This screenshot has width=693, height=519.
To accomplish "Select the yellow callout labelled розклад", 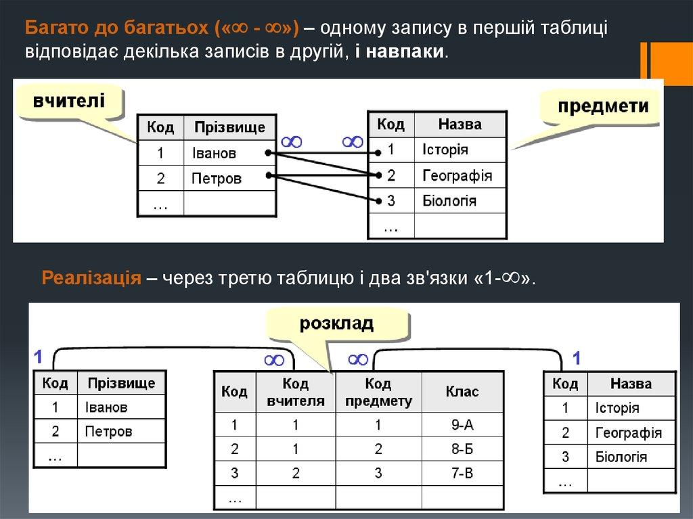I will click(336, 324).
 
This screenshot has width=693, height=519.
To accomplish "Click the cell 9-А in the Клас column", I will click(462, 426).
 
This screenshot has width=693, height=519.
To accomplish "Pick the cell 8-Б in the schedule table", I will click(462, 449).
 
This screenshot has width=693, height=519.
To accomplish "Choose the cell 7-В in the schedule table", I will click(462, 472).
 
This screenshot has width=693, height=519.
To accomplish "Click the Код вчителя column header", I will click(295, 392).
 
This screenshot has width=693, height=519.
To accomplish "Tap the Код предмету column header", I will click(378, 392).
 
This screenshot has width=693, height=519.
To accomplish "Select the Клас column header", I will click(462, 392).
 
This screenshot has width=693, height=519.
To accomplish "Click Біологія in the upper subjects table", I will click(449, 201).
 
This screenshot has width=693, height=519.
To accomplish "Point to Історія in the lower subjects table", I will click(617, 408).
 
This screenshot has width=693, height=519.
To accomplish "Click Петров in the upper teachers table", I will click(217, 179).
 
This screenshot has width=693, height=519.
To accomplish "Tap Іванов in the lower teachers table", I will click(106, 407).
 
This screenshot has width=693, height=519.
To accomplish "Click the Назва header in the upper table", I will click(460, 125).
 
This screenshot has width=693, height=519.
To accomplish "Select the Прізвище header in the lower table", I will click(121, 384).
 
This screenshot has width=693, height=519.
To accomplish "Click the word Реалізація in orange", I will click(91, 278).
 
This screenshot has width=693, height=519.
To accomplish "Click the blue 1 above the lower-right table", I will click(577, 357).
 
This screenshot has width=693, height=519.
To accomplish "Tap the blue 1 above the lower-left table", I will click(39, 357).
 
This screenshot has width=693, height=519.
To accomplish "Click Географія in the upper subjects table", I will click(457, 176).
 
